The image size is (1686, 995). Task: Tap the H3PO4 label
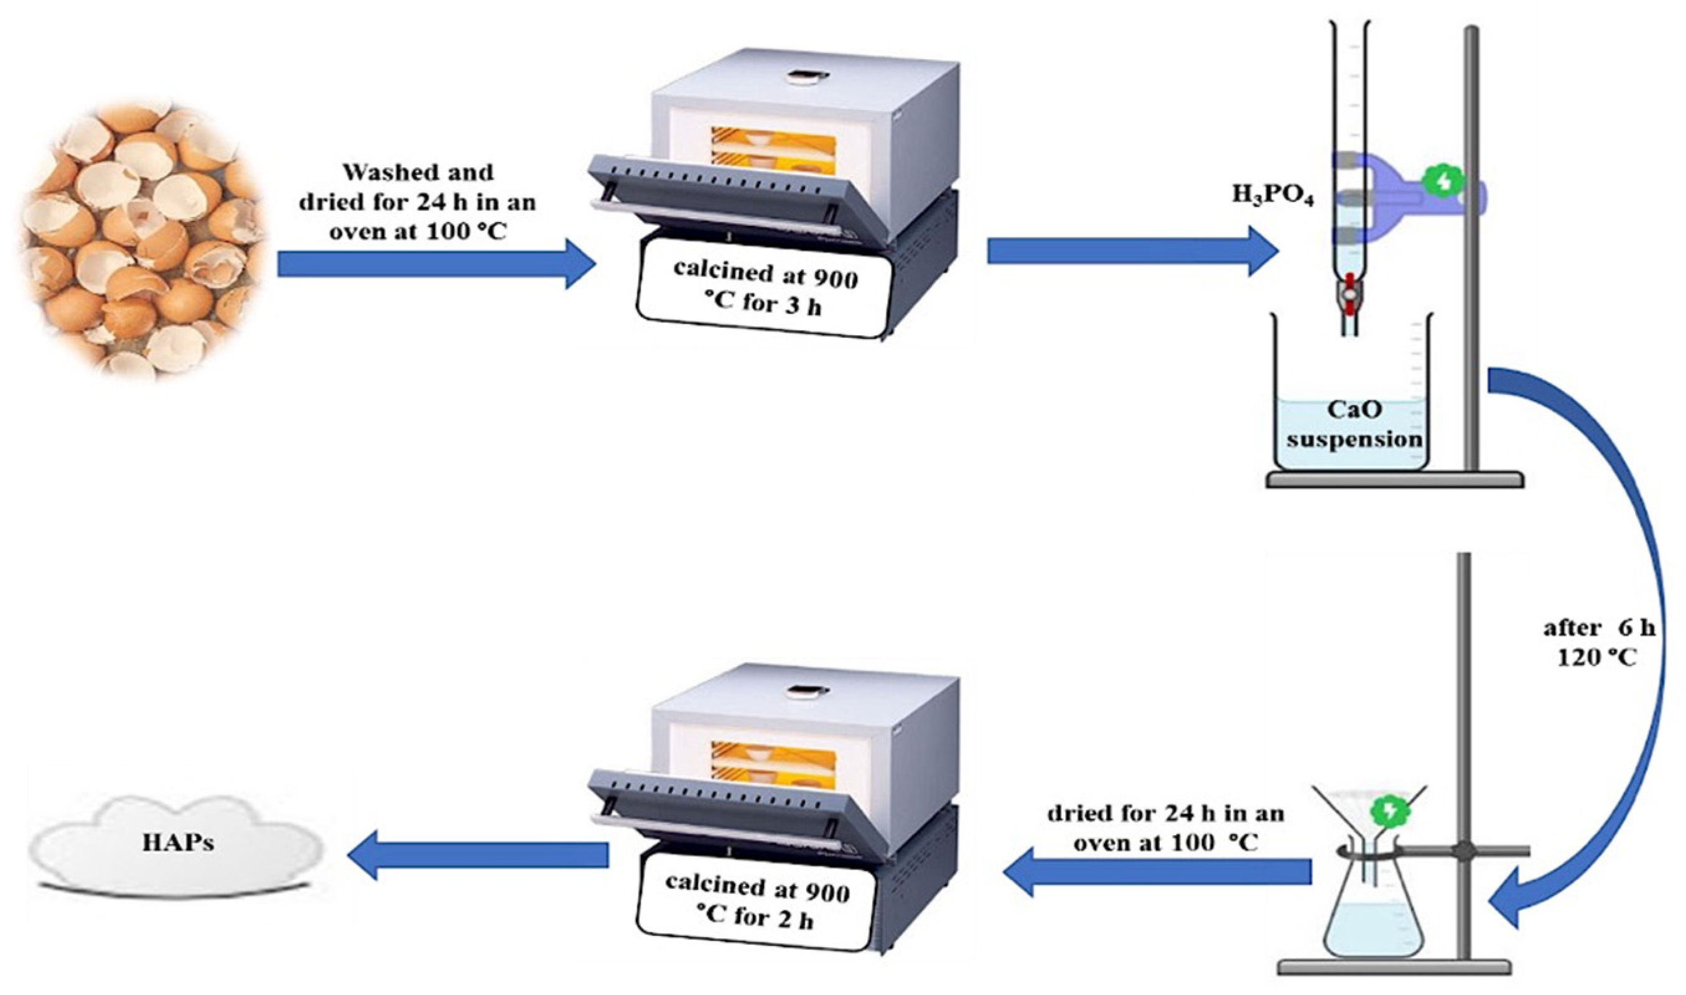tap(1272, 196)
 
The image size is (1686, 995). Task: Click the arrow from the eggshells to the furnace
tap(436, 264)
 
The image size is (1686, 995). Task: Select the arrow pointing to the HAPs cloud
tap(478, 855)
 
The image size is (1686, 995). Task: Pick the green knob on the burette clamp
tap(1442, 181)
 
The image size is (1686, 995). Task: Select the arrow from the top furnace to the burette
tap(1133, 251)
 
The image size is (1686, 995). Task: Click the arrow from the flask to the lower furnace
tap(1156, 872)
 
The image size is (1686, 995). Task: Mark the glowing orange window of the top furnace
tap(772, 155)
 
